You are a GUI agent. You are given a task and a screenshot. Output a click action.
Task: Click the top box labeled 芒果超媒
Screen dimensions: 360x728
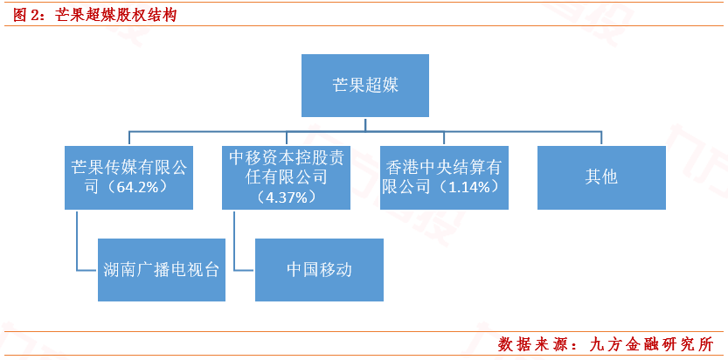tap(364, 85)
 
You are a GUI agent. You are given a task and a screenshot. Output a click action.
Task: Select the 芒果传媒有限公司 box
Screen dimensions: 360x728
tap(129, 176)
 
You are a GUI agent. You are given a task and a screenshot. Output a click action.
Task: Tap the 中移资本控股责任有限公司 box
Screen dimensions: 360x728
tap(286, 176)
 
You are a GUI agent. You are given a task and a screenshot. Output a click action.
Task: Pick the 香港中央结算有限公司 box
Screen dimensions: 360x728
tap(443, 176)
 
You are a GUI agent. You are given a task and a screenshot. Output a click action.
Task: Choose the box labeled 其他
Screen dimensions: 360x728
tap(600, 176)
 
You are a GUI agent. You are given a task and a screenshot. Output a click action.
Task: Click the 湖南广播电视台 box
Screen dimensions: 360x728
tap(161, 270)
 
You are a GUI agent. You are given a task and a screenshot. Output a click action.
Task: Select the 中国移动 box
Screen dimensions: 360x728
tap(319, 270)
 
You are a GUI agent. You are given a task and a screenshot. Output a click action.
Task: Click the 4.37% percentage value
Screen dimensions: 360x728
tap(286, 197)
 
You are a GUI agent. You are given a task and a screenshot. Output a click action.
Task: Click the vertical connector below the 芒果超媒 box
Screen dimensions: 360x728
tap(364, 124)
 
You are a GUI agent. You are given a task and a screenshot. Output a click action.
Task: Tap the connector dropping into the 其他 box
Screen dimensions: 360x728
tap(600, 138)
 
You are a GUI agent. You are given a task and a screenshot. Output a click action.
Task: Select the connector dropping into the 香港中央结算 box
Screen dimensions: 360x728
tap(443, 138)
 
